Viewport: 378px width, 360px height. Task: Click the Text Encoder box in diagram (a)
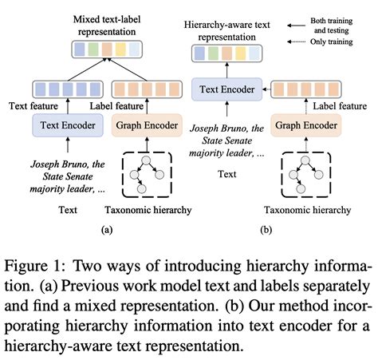point(68,125)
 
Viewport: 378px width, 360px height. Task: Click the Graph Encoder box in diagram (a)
point(147,125)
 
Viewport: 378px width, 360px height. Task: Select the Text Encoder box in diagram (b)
point(227,89)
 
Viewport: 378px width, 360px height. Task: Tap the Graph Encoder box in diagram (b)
point(306,125)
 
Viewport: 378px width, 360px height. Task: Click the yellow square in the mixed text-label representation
point(120,49)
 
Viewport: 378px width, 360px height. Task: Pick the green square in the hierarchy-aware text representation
point(213,53)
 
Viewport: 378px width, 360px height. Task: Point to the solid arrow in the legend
point(296,26)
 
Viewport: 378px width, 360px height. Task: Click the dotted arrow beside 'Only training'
point(296,42)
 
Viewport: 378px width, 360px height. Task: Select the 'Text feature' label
point(33,106)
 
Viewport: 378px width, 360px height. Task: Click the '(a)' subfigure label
point(107,230)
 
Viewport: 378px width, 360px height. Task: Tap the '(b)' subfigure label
point(266,230)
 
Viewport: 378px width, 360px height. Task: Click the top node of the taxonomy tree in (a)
point(146,160)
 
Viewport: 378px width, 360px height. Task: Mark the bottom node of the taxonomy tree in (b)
point(301,188)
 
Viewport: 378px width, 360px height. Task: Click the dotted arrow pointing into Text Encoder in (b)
point(266,89)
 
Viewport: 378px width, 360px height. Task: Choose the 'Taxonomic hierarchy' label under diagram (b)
point(307,210)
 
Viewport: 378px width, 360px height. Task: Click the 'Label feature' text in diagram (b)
point(340,106)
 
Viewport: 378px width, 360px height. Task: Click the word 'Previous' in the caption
point(90,286)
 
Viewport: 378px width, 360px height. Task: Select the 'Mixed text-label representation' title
point(107,26)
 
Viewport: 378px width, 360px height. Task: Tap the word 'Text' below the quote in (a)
point(68,210)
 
